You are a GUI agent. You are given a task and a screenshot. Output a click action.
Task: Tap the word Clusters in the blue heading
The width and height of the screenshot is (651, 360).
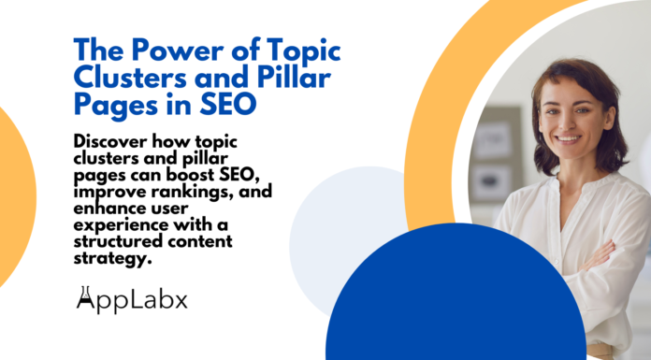(x=119, y=77)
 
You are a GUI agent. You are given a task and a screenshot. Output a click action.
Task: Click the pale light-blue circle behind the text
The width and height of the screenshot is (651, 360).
(x=341, y=210)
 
